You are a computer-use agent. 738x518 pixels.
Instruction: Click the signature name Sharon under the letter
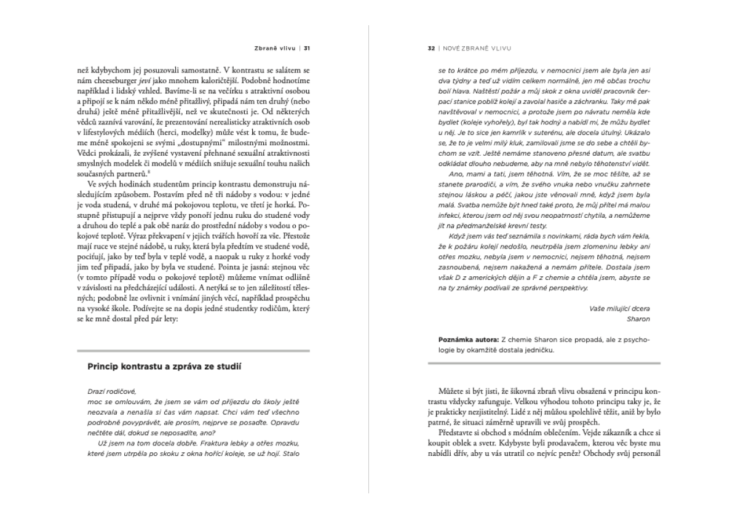[638, 319]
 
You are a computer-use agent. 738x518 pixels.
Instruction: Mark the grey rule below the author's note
[543, 362]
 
